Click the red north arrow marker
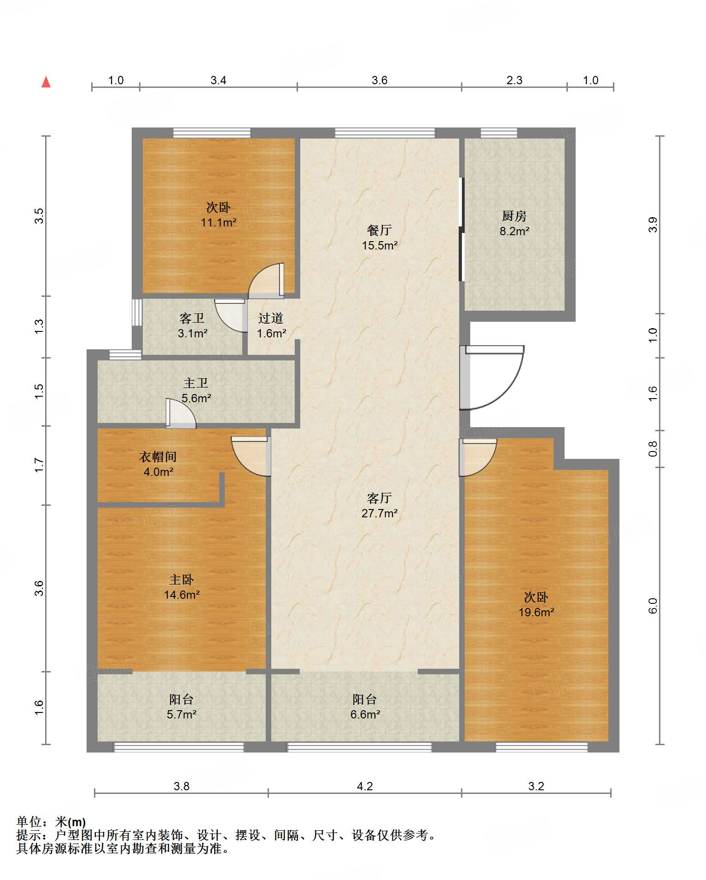click(x=46, y=82)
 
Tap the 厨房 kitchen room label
click(x=514, y=215)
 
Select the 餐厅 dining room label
click(x=379, y=230)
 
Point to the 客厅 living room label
click(x=379, y=498)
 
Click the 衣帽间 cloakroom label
click(x=158, y=457)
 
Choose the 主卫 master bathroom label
click(x=196, y=383)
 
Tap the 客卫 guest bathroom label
click(x=192, y=318)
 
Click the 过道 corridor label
click(x=271, y=318)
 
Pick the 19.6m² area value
click(x=536, y=612)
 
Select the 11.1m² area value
click(x=218, y=223)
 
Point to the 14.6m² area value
click(x=181, y=595)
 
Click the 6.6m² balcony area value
click(x=365, y=714)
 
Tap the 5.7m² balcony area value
click(x=181, y=714)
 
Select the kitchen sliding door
click(x=461, y=229)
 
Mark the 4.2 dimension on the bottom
click(x=365, y=786)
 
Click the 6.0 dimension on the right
click(x=653, y=606)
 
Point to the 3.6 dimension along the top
click(x=379, y=80)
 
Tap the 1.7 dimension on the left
click(x=39, y=465)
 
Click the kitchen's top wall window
click(x=499, y=133)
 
